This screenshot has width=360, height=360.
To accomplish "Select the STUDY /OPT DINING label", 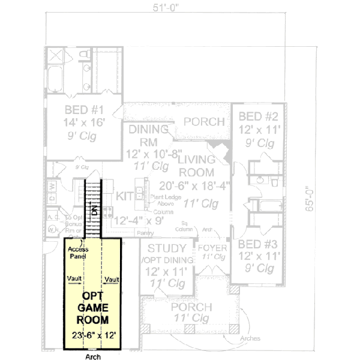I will coord(167,254).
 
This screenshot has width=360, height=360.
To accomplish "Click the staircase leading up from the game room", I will coord(93,207).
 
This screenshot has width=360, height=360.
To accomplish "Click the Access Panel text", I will coord(78,251).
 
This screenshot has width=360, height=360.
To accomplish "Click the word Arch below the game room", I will coord(93,355).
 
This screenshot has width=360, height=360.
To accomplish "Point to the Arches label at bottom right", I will coord(250,339).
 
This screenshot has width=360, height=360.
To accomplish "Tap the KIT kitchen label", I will coord(125,196).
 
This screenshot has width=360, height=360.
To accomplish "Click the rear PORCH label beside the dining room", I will coord(204,122).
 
